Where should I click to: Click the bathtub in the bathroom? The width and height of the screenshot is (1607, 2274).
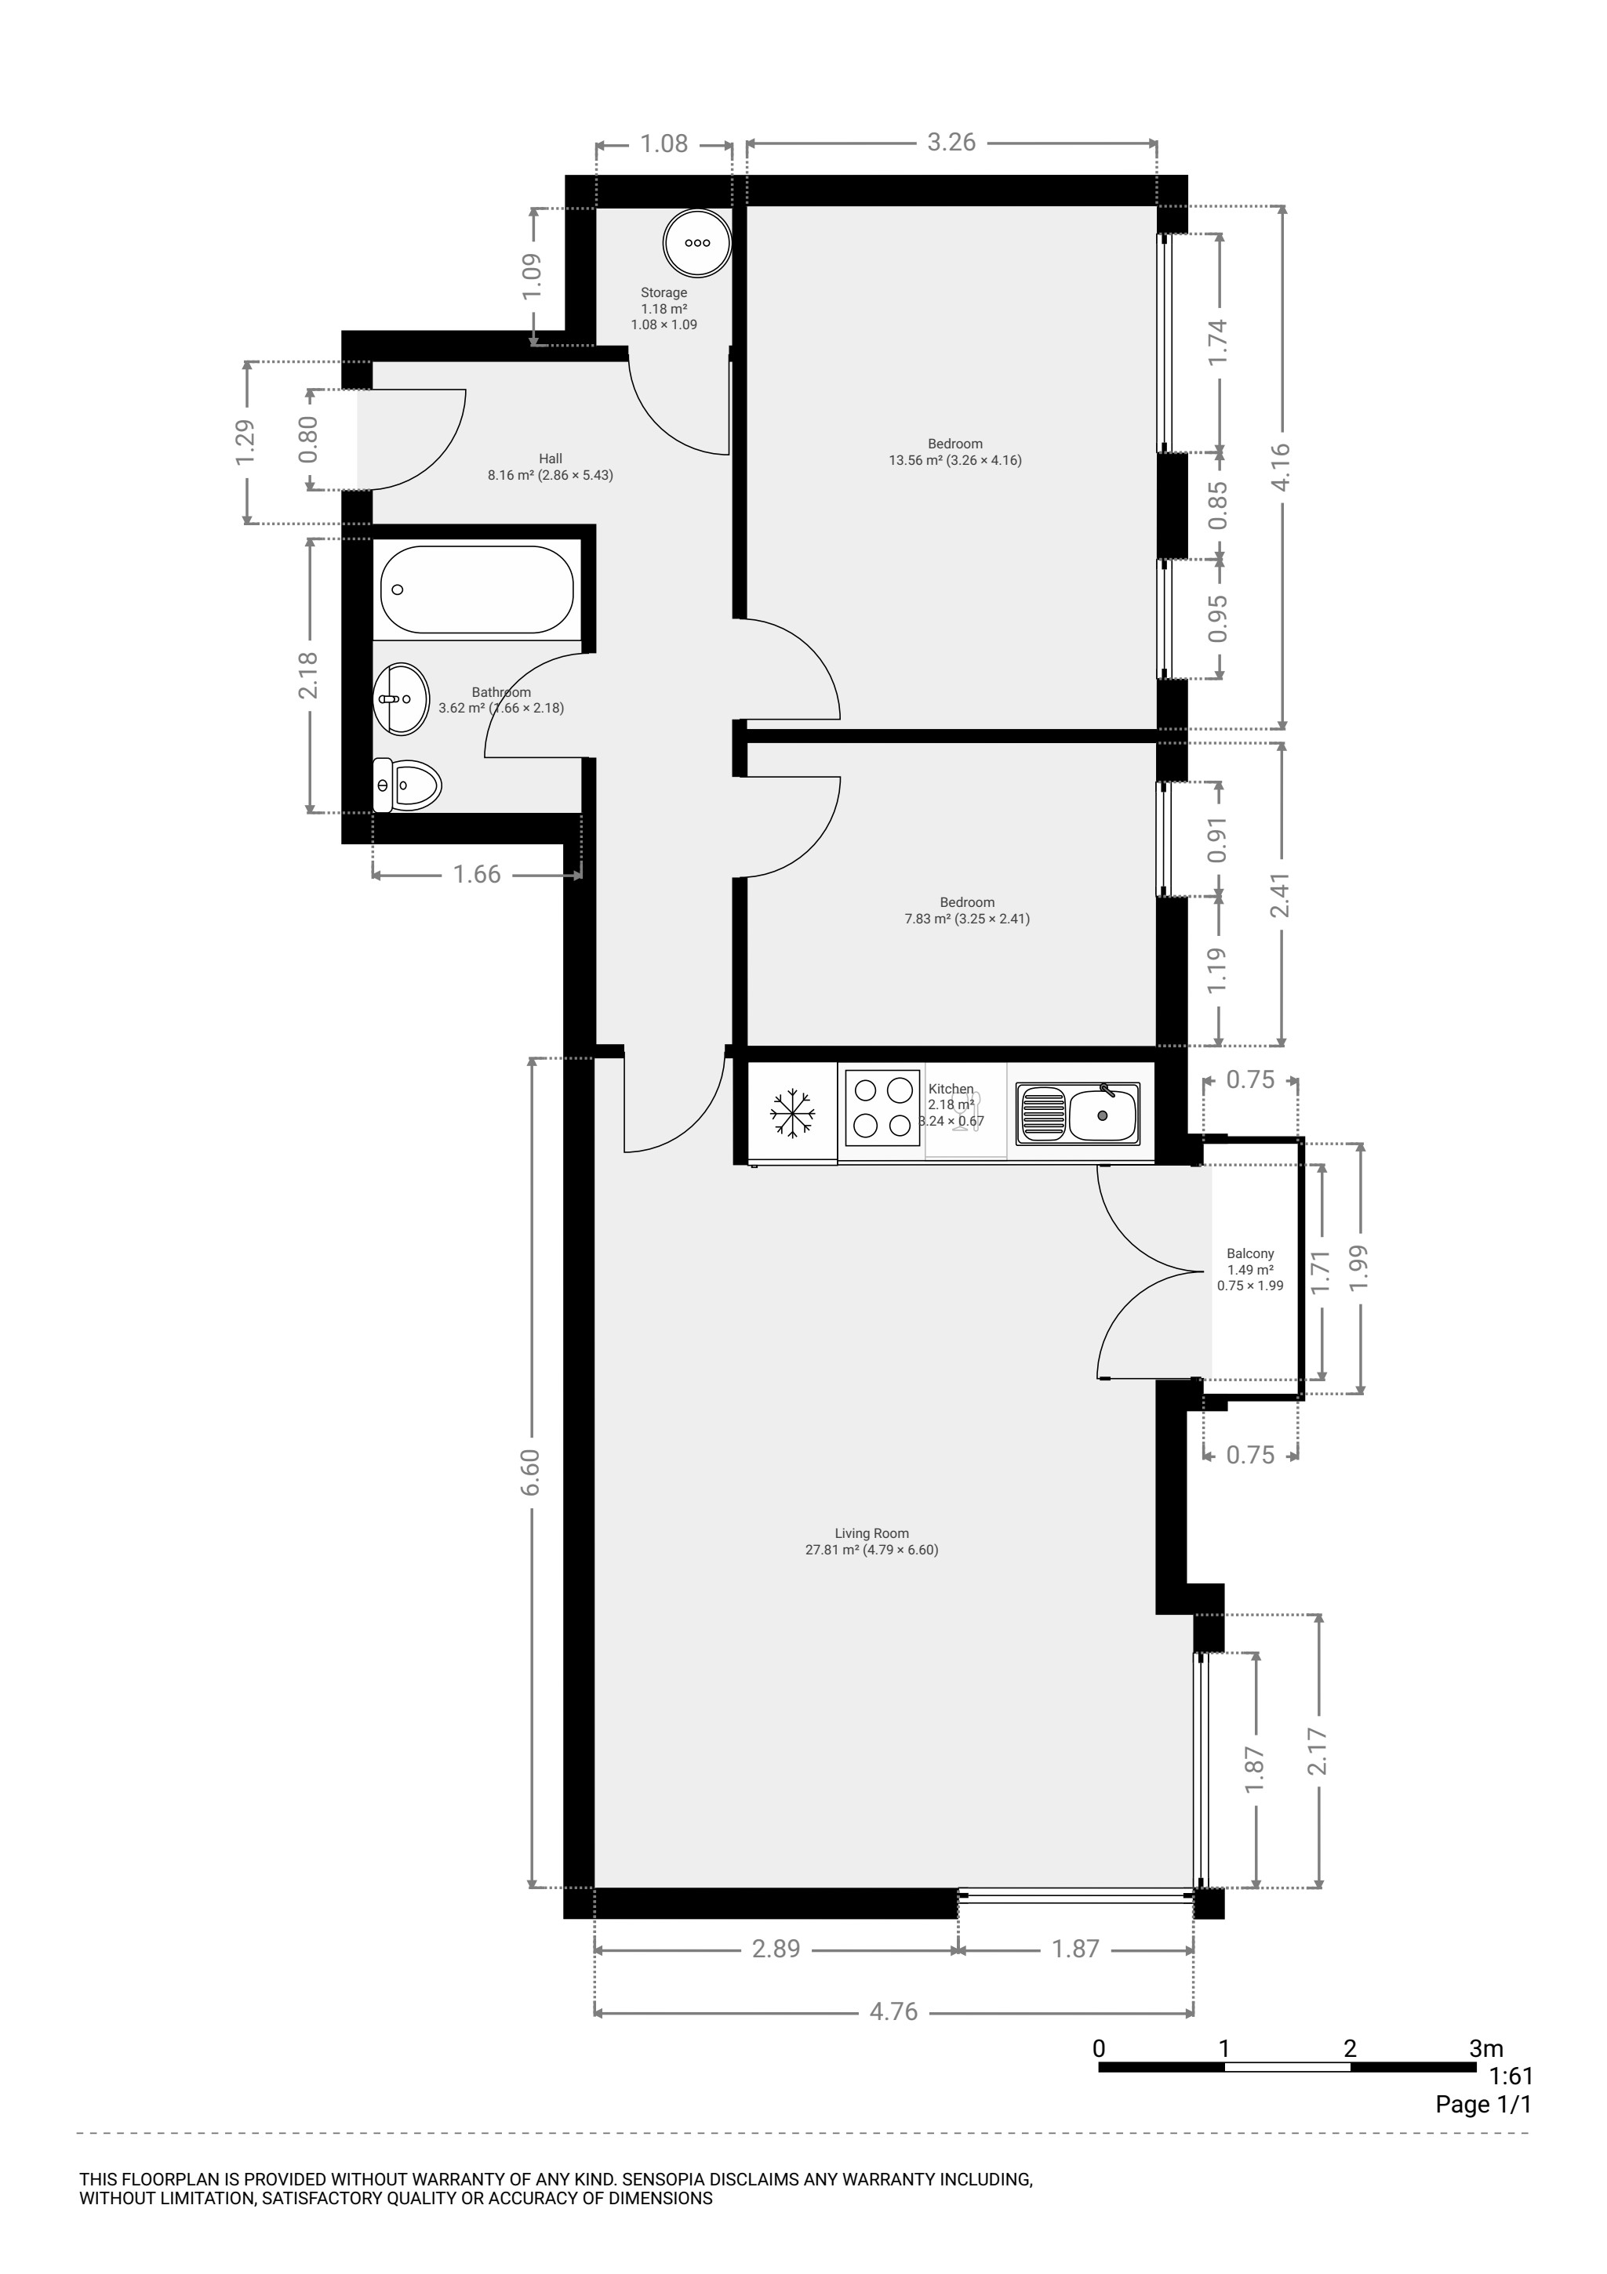tap(477, 589)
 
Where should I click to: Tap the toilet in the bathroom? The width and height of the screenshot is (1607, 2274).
tap(407, 785)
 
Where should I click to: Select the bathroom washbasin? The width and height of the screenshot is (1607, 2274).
tap(402, 698)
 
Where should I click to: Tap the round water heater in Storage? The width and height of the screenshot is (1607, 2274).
tap(697, 243)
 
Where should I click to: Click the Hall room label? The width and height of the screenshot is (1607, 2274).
tap(551, 459)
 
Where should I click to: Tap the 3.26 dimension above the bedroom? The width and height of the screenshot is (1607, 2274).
tap(951, 143)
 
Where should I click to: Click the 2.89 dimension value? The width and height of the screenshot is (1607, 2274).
tap(776, 1949)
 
